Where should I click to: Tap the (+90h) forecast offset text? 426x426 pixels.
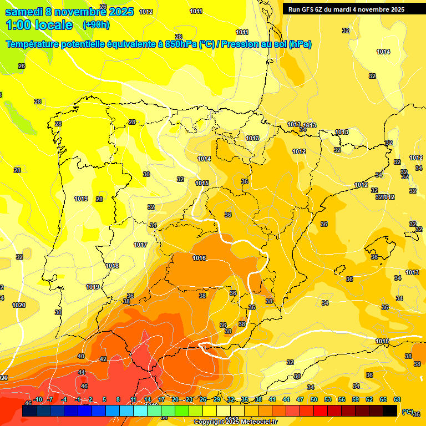(x=96, y=24)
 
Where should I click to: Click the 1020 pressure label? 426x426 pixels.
(x=19, y=305)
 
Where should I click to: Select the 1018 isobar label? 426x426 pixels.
(x=112, y=266)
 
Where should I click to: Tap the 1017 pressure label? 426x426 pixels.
(x=140, y=245)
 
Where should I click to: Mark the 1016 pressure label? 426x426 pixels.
(x=199, y=258)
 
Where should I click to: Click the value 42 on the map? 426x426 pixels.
(x=103, y=359)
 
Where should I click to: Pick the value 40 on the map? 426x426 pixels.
(x=81, y=356)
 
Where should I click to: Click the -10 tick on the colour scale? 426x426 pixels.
(x=38, y=399)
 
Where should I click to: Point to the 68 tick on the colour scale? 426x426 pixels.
(x=397, y=399)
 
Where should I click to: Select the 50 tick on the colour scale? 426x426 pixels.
(x=314, y=399)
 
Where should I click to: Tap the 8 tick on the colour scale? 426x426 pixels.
(x=118, y=399)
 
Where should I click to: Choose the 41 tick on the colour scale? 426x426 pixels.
(x=272, y=399)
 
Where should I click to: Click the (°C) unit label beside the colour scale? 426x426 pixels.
(x=408, y=412)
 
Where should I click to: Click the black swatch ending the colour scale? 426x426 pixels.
(x=390, y=411)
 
